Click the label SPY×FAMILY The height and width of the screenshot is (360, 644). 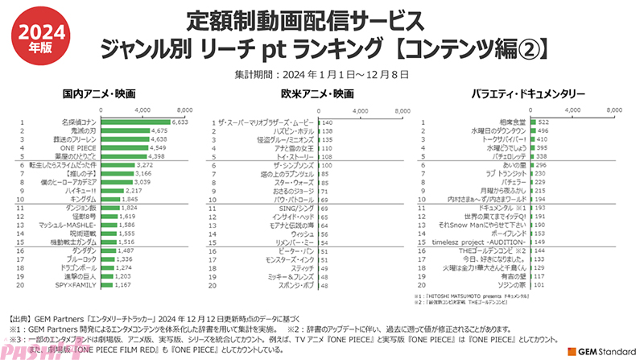point(78,285)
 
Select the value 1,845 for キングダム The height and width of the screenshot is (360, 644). point(130,198)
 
